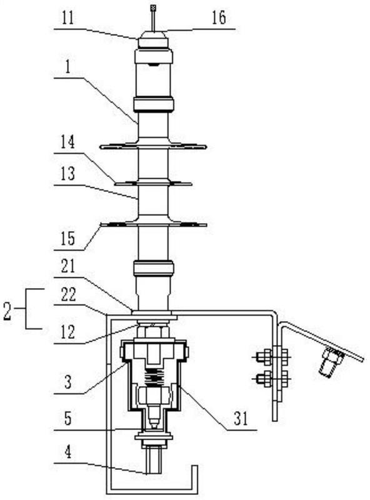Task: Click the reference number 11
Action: (x=67, y=18)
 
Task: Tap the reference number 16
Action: (x=219, y=18)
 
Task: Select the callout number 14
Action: (x=68, y=142)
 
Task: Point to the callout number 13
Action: (x=68, y=174)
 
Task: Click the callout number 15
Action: (x=68, y=239)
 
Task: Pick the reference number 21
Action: (x=68, y=267)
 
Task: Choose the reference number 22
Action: (x=68, y=294)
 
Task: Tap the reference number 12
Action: (x=68, y=332)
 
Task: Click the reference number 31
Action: (x=241, y=419)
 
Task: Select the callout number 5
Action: (x=68, y=419)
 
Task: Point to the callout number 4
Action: (x=68, y=452)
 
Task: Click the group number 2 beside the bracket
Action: (x=7, y=311)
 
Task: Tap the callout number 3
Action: (x=68, y=382)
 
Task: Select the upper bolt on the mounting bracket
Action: (x=272, y=356)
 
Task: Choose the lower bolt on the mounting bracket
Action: (x=272, y=379)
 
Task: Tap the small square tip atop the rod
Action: (x=153, y=6)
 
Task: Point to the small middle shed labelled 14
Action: (x=153, y=183)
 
